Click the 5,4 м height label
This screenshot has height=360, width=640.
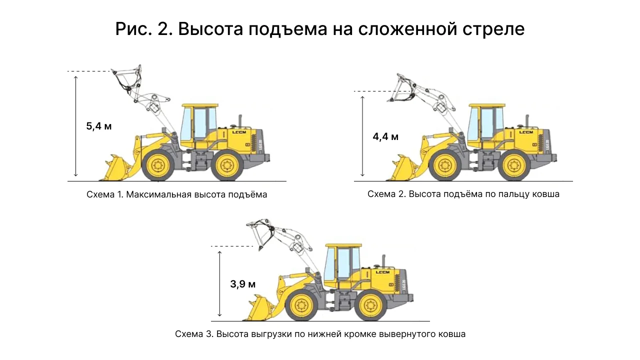point(99,126)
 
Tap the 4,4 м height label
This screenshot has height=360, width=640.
point(385,137)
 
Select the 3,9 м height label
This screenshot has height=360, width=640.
point(243,284)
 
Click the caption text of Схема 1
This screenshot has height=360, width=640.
point(177,194)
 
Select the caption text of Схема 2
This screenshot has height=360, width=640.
point(463,194)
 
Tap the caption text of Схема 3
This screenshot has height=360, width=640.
point(320,334)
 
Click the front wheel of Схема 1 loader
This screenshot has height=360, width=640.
point(157,165)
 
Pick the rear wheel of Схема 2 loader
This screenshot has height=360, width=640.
point(514,165)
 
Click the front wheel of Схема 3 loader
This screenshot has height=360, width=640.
point(301,305)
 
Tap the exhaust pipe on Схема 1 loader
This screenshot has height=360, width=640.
point(240,121)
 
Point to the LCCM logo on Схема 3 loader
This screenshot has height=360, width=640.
point(382,272)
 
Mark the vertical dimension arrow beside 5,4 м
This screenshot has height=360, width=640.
point(75,126)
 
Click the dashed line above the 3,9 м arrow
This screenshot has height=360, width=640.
point(232,246)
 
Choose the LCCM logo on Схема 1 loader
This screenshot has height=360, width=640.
point(239,132)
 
